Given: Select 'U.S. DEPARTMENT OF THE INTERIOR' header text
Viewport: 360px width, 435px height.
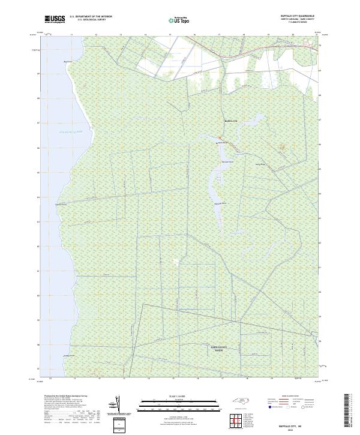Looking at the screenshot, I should (x=91, y=17).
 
